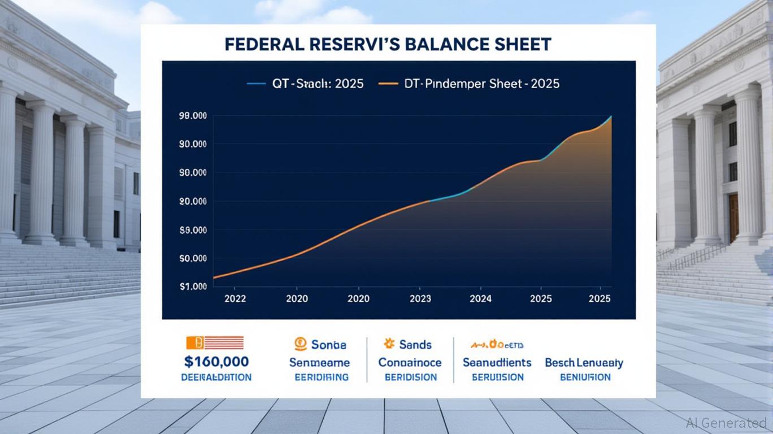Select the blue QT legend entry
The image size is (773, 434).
click(x=305, y=84)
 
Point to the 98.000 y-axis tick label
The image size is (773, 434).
click(x=192, y=116)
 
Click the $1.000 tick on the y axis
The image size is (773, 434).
click(x=192, y=287)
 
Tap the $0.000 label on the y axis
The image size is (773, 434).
click(x=192, y=259)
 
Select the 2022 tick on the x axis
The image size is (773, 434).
click(x=235, y=299)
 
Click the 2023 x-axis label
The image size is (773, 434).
click(x=419, y=299)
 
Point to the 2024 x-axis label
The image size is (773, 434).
click(x=480, y=299)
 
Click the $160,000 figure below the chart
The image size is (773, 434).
click(x=216, y=362)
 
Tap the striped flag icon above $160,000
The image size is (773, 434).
click(x=215, y=342)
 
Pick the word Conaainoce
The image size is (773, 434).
click(x=410, y=363)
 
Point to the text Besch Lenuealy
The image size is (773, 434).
click(x=584, y=363)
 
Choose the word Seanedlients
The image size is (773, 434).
click(x=497, y=362)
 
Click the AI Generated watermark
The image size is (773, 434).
click(x=726, y=422)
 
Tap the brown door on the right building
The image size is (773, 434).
click(x=733, y=218)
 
